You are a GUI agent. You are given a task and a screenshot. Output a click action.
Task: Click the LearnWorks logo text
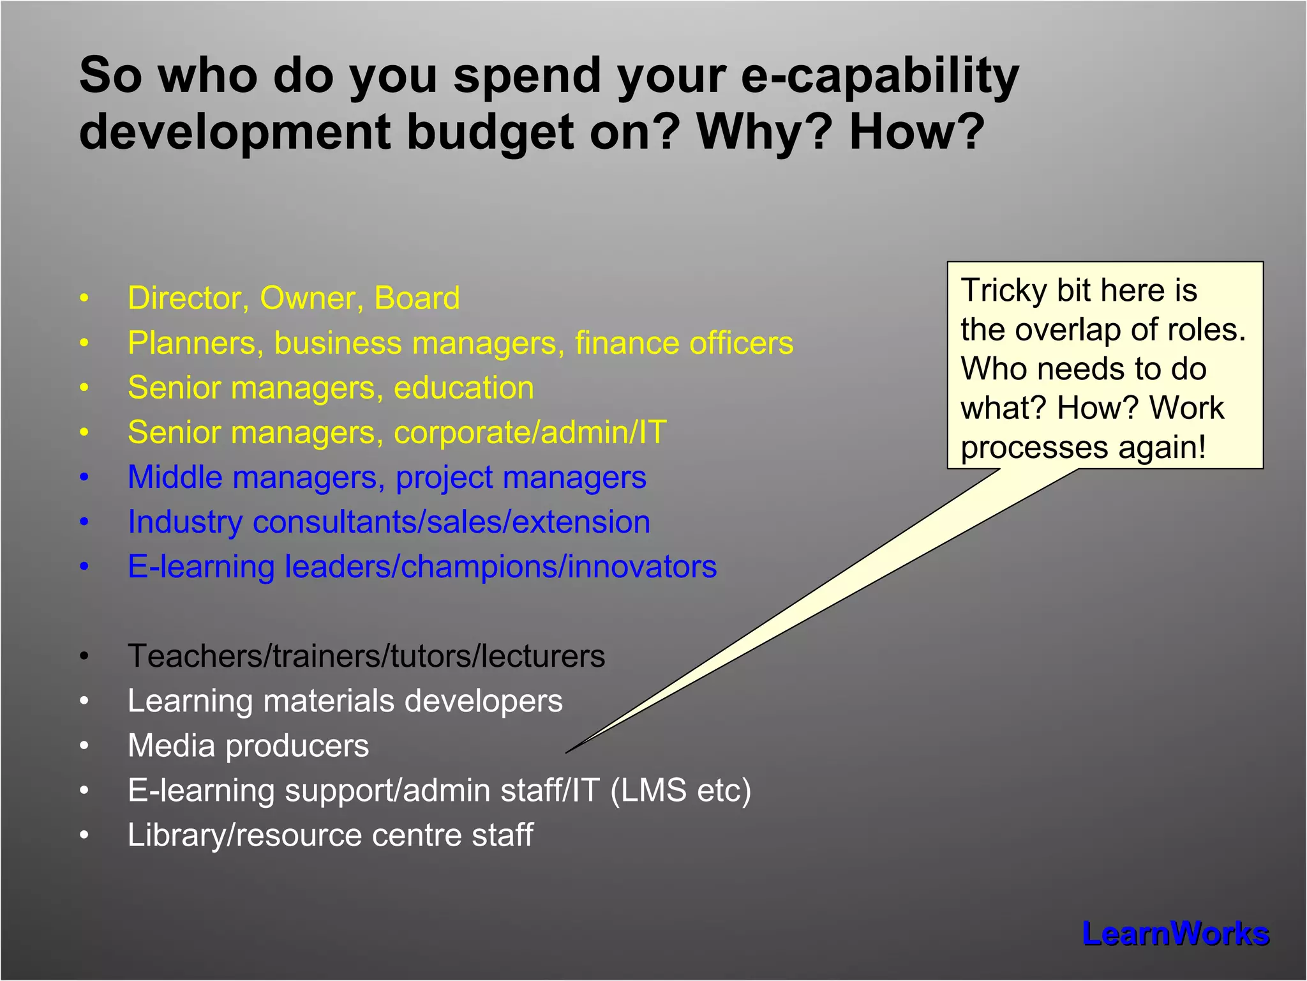(x=1175, y=934)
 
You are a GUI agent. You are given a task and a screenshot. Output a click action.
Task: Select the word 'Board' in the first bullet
(x=417, y=298)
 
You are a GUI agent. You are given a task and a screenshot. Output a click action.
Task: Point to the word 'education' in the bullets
(x=464, y=388)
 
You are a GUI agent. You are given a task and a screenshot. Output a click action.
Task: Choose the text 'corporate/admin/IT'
(x=530, y=432)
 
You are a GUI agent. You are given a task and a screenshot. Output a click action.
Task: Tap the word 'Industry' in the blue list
(x=184, y=522)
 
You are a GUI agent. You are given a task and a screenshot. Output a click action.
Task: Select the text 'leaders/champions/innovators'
(x=500, y=567)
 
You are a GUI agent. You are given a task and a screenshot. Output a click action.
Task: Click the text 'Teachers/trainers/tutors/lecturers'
(x=366, y=656)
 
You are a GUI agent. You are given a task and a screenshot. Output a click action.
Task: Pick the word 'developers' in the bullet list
(x=483, y=701)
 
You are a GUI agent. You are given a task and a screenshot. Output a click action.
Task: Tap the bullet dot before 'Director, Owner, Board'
(x=84, y=298)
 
